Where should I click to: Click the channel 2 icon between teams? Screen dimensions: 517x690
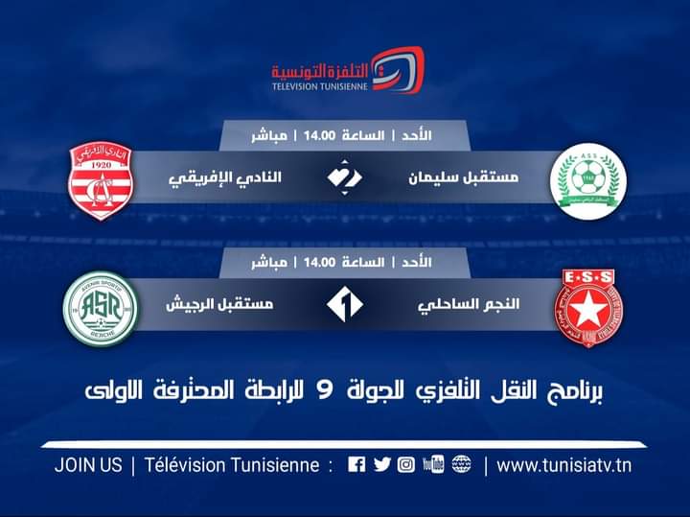point(344,178)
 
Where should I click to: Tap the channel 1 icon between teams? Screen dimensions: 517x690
point(344,306)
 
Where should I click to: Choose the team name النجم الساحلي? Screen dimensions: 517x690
point(470,305)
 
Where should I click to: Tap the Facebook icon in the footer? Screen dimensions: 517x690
point(356,465)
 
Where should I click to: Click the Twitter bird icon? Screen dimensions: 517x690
point(381,465)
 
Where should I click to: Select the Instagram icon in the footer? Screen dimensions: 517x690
point(406,465)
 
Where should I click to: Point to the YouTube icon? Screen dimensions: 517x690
point(432,465)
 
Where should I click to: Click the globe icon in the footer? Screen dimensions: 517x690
point(461,465)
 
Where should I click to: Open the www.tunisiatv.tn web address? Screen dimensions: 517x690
point(564,465)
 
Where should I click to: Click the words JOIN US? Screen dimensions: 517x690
point(89,465)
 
